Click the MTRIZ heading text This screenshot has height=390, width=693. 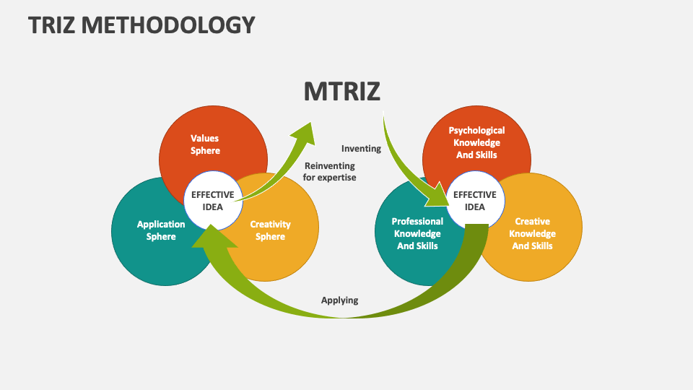(x=341, y=92)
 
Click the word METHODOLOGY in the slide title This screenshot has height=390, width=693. (x=170, y=25)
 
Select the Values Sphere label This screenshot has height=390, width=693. (x=205, y=144)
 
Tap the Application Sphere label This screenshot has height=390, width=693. (x=161, y=230)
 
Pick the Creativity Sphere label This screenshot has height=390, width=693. (x=270, y=230)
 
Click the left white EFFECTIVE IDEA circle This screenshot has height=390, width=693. (x=212, y=201)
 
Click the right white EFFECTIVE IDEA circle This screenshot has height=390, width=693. (x=474, y=201)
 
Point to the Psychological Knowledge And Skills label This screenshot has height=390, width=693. (x=476, y=142)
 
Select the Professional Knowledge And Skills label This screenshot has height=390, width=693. (x=417, y=233)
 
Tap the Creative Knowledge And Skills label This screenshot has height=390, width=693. (x=532, y=233)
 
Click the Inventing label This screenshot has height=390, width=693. (x=361, y=149)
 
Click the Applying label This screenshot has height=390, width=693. (x=339, y=300)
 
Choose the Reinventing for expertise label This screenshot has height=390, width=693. (x=329, y=171)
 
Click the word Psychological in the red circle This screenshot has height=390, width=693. (x=476, y=131)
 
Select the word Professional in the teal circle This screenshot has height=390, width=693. (x=417, y=222)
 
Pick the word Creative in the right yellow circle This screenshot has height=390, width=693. (x=532, y=222)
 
